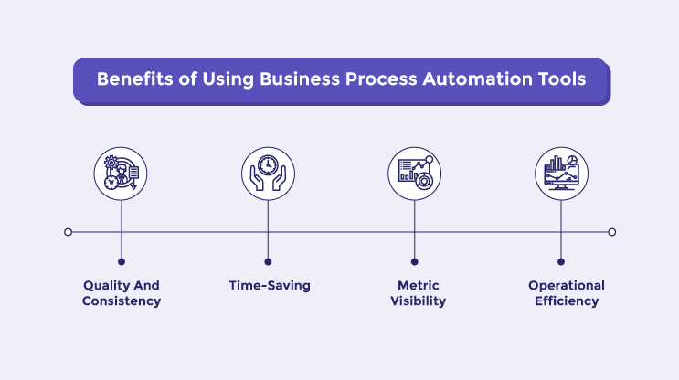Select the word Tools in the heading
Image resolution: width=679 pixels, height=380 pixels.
tap(560, 79)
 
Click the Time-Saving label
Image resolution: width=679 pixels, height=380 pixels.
tap(270, 286)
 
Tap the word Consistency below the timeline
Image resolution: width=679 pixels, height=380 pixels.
tap(122, 301)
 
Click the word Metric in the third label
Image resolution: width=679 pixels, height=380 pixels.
tap(415, 286)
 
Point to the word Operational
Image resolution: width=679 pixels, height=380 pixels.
tap(567, 286)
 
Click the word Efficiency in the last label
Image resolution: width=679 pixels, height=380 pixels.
tap(567, 301)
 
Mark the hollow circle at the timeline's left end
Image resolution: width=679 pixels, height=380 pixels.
tap(69, 232)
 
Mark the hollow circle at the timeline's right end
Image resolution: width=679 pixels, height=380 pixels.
tap(612, 232)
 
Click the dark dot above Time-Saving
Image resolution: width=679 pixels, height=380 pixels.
tap(268, 261)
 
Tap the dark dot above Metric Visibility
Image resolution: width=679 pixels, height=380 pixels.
tap(415, 261)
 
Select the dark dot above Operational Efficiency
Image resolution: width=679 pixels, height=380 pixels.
tap(561, 261)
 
